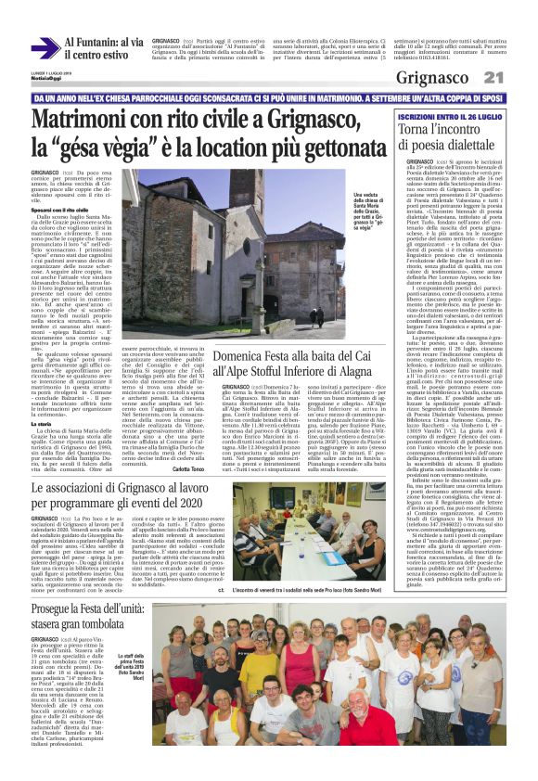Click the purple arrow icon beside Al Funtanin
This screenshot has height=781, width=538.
(x=45, y=47)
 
